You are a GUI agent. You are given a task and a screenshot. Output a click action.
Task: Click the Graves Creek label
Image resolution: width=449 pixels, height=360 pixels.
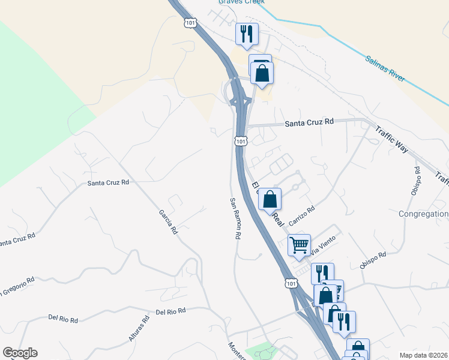click(x=238, y=2)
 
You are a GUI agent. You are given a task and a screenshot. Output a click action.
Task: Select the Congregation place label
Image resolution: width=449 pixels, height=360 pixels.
click(x=424, y=214)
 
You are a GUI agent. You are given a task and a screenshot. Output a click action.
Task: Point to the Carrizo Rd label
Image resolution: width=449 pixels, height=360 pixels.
click(x=301, y=216)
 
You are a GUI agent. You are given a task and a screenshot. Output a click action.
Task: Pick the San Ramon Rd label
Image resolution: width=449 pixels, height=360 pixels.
click(x=234, y=219)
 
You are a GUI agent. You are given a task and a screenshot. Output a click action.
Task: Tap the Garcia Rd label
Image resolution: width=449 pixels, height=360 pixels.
click(x=169, y=221)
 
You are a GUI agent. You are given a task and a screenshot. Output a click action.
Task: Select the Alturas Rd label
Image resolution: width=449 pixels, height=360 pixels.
click(x=139, y=330)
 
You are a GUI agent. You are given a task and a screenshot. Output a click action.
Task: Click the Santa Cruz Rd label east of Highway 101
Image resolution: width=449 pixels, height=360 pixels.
click(x=309, y=122)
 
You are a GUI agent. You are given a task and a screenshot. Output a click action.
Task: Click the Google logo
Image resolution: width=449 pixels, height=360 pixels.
click(x=20, y=353)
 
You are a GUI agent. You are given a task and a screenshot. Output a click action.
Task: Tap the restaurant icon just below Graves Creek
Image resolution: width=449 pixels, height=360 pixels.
click(x=247, y=34)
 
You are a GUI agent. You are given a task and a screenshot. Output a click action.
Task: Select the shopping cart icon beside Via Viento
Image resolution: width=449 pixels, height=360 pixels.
click(x=299, y=245)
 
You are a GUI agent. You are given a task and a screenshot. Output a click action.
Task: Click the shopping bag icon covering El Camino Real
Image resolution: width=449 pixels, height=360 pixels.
click(x=270, y=199)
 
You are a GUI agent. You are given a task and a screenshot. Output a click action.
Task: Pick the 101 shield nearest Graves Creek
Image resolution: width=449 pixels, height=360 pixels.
click(x=190, y=23)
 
